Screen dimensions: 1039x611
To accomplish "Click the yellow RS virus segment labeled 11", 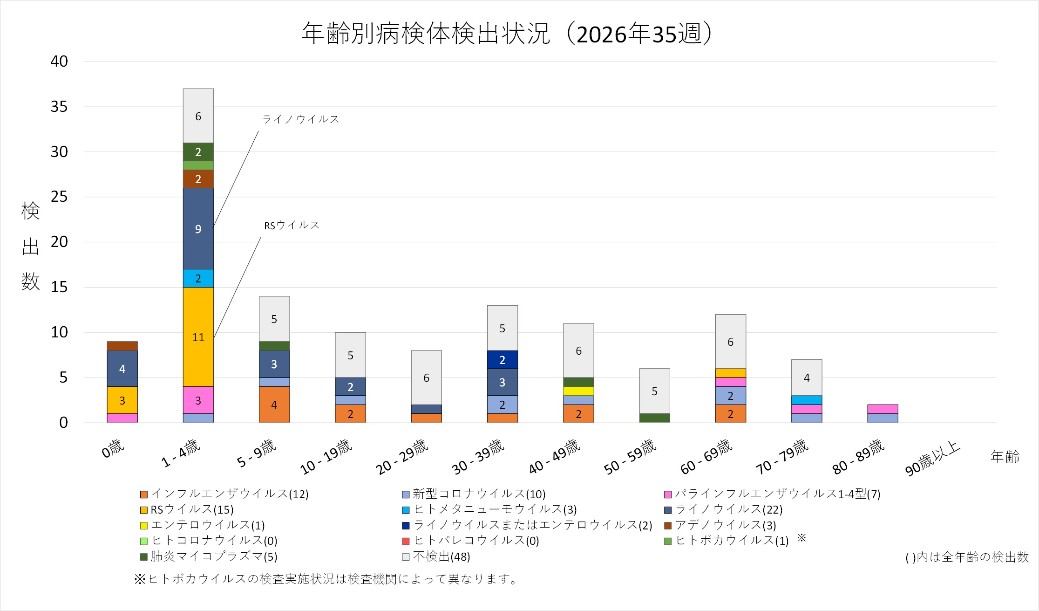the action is coord(198,337).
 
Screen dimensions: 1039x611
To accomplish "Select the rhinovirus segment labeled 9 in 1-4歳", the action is coord(198,228).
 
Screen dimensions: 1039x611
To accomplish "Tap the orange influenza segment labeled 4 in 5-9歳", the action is coord(274,405).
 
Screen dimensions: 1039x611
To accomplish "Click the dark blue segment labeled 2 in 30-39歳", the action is coord(503,359).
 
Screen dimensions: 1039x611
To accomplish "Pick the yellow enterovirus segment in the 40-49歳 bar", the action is coord(578,391).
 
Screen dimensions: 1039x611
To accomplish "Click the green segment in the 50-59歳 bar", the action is coord(654,418).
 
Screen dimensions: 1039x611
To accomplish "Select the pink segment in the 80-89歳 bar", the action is coord(883,409).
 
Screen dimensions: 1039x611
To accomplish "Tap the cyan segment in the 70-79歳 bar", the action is coord(807,400).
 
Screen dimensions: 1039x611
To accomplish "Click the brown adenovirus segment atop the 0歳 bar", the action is coord(122,346).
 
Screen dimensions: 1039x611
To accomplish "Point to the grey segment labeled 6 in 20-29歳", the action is coord(427,378).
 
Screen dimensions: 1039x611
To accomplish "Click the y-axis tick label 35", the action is coord(59,107).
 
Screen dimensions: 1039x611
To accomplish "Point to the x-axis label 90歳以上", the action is coord(932,459).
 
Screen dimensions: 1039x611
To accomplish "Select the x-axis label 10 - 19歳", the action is coord(326,457).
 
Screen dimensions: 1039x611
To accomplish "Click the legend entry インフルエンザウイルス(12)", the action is coord(224,494).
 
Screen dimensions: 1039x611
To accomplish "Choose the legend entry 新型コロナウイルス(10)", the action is coord(474,494).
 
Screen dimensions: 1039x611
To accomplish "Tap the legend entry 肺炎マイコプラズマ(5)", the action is coord(209,556).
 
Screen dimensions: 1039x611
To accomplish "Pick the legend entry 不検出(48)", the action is coord(436,556).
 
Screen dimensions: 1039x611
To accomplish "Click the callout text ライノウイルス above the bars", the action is coord(301,119).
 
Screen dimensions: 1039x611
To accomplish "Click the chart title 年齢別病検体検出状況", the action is coord(427,34).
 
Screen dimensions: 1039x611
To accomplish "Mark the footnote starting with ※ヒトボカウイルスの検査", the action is coord(326,579).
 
